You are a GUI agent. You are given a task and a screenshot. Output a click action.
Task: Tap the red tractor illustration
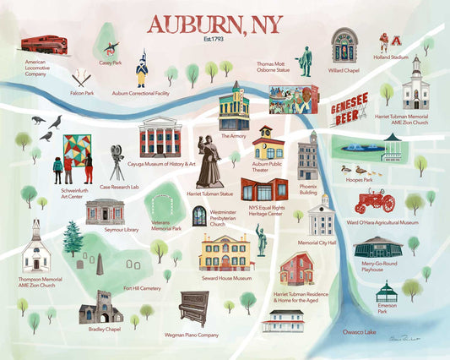pos(374,200)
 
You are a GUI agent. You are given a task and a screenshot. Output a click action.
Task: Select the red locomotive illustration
pos(45,44)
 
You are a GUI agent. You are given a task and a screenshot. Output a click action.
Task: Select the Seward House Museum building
pos(225,253)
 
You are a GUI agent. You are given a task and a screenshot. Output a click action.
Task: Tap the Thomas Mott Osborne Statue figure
pos(305,61)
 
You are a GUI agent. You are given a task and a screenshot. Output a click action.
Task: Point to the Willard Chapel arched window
pos(344,46)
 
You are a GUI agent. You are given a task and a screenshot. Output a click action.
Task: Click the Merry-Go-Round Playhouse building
pos(377,248)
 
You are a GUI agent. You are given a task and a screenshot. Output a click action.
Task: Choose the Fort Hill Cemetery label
pos(142,288)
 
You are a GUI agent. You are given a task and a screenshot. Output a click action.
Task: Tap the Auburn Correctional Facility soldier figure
pos(141,68)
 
